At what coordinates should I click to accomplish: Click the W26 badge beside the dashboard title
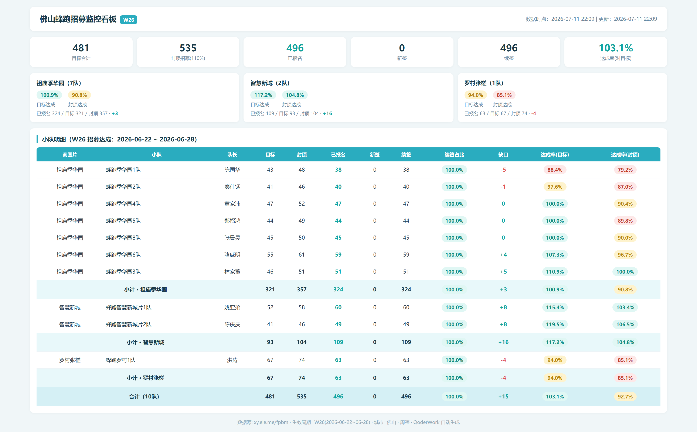(x=128, y=20)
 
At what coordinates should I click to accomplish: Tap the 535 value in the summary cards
(x=188, y=48)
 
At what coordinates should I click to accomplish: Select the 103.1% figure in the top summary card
(x=616, y=48)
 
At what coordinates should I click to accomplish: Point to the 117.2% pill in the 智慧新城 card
(x=263, y=95)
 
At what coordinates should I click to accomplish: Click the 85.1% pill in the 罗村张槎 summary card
(x=504, y=95)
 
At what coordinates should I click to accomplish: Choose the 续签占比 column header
(x=454, y=155)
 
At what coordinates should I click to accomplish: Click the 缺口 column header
(x=503, y=155)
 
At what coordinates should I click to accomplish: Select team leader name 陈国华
(x=232, y=170)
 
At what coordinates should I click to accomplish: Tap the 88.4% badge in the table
(x=555, y=170)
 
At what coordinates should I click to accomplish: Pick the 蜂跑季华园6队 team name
(x=123, y=255)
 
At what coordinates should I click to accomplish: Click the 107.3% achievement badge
(x=555, y=255)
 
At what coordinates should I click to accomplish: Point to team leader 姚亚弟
(x=232, y=307)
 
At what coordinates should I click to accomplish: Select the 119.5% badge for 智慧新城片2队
(x=555, y=324)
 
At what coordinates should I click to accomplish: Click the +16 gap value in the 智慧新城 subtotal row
(x=503, y=342)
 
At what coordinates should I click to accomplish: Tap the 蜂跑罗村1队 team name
(x=121, y=360)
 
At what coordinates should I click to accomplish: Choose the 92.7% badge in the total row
(x=625, y=397)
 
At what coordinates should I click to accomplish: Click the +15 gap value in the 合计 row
(x=503, y=397)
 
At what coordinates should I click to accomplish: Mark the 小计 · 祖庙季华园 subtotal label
(x=146, y=289)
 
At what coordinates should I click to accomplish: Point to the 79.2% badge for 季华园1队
(x=625, y=170)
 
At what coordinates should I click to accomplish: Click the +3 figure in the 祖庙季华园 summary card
(x=115, y=113)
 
